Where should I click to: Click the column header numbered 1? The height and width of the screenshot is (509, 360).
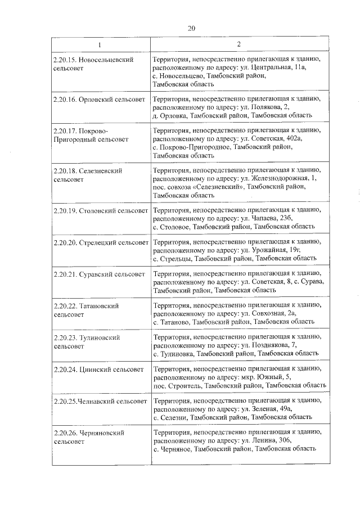click(100, 44)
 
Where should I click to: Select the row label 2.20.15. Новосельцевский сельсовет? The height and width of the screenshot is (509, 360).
click(93, 63)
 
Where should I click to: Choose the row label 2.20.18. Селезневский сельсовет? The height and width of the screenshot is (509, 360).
click(87, 174)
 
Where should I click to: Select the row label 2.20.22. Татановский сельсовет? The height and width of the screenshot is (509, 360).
click(87, 310)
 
